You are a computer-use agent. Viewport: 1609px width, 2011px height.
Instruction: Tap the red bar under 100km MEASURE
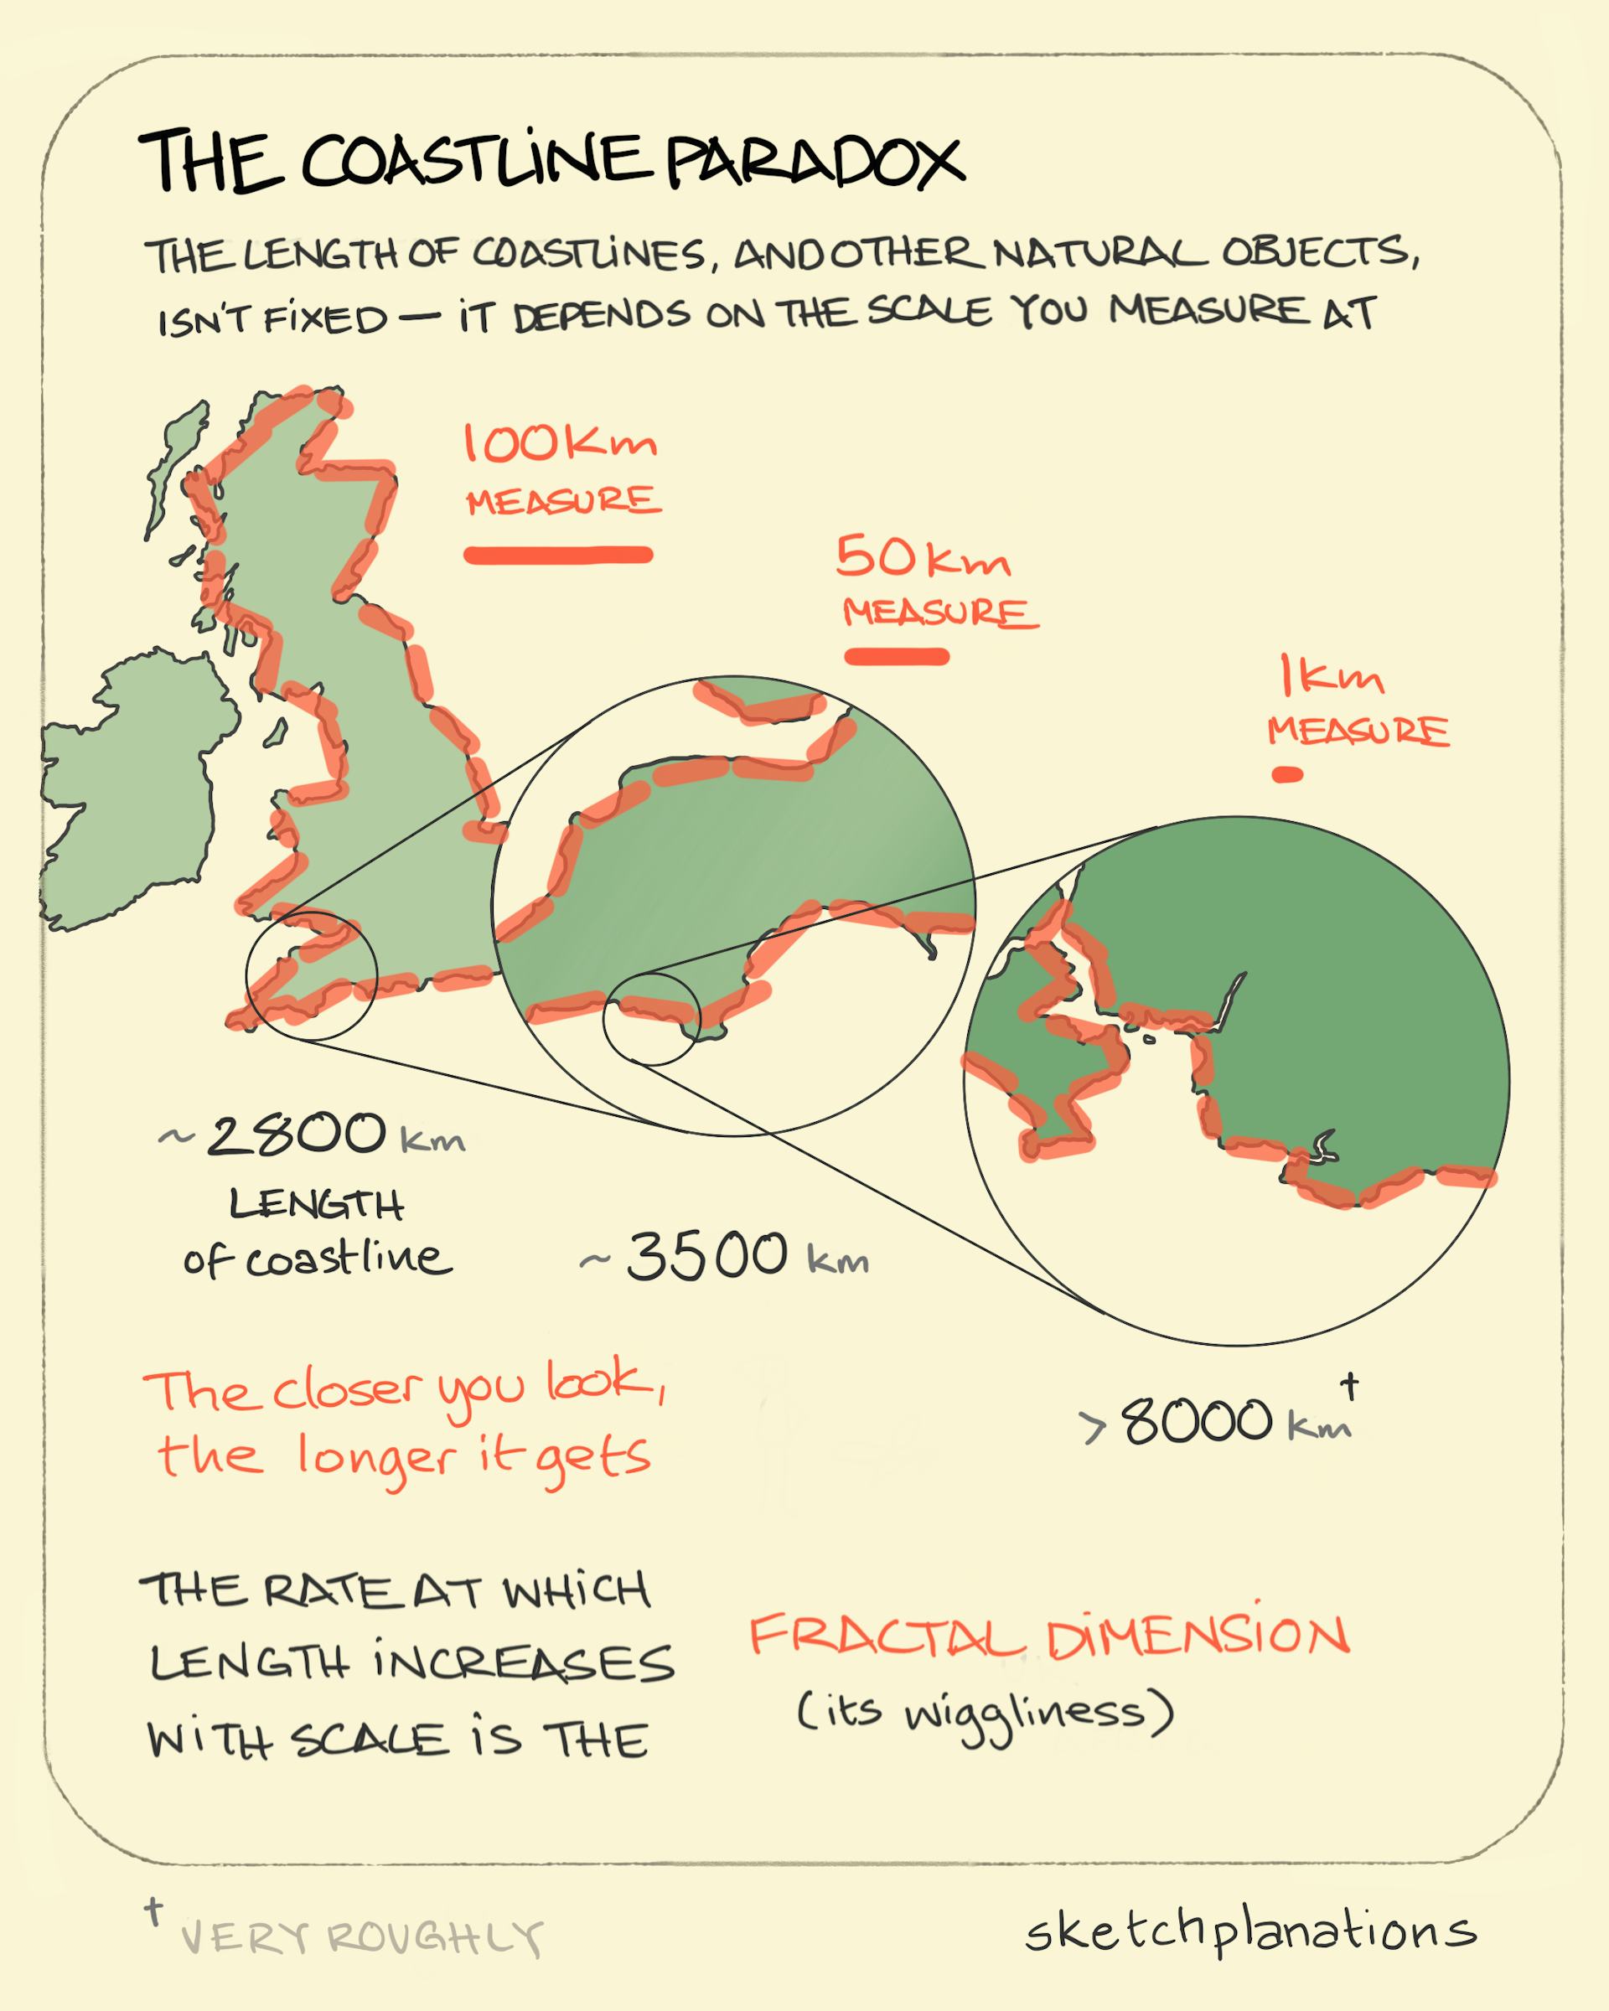[x=558, y=555]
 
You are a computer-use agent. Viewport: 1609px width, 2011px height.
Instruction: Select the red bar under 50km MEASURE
[x=897, y=657]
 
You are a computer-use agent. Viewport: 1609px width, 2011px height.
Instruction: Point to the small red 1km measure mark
[x=1288, y=774]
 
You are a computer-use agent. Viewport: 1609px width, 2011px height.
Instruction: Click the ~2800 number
[x=295, y=1135]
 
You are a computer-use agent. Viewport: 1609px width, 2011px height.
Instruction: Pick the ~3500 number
[x=707, y=1255]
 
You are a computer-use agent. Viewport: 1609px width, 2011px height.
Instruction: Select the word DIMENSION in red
[x=1197, y=1636]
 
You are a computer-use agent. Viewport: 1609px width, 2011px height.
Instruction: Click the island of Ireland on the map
[x=135, y=793]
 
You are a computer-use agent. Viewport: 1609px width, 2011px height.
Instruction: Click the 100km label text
[x=560, y=444]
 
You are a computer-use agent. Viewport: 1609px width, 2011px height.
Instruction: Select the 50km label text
[x=923, y=559]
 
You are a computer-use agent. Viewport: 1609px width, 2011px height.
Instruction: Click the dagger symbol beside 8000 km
[x=1348, y=1386]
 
